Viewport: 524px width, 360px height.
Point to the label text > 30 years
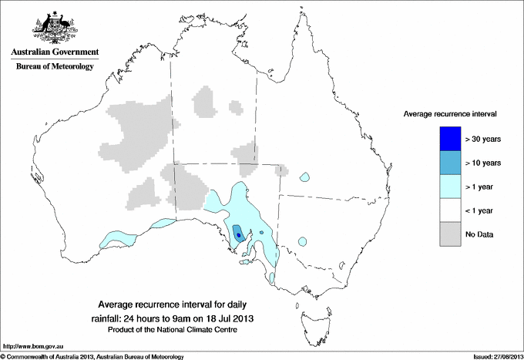(x=483, y=140)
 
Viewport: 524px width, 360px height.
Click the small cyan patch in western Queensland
(x=306, y=177)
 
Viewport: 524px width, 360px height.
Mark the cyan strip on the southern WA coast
(x=116, y=236)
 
